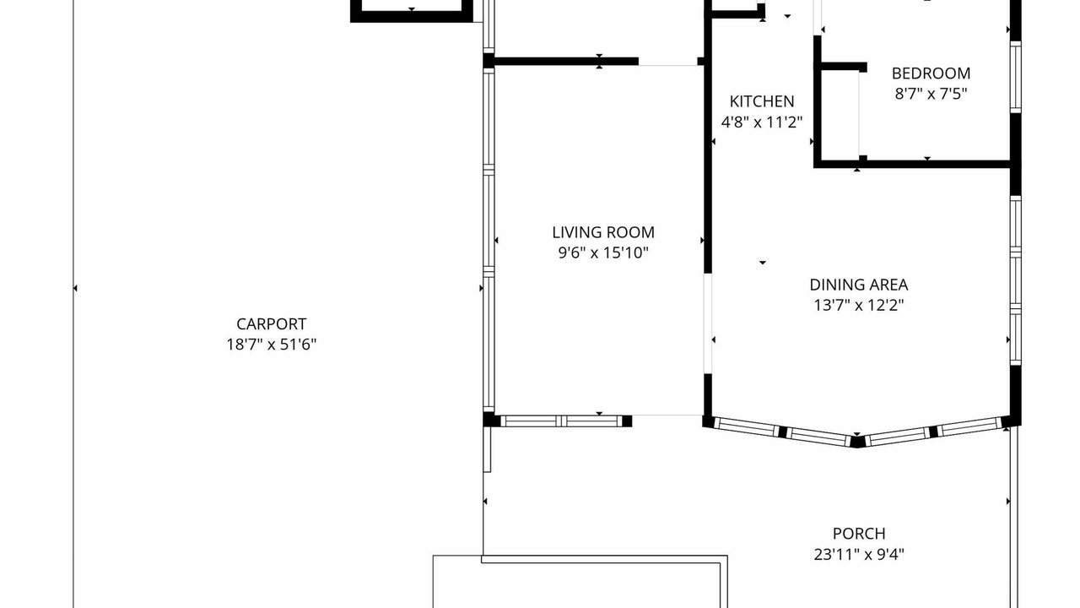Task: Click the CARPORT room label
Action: click(271, 323)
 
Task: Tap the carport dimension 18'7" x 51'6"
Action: click(272, 345)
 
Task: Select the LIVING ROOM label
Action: click(603, 232)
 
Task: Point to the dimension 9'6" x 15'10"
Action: click(603, 252)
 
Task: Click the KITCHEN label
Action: click(762, 101)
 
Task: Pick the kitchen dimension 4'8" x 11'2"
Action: click(762, 122)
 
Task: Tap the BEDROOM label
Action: click(931, 73)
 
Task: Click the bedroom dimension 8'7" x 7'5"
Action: click(931, 94)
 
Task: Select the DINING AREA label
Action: click(859, 285)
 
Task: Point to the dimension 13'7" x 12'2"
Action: click(859, 306)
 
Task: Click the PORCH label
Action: click(859, 534)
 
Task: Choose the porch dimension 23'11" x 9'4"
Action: click(859, 555)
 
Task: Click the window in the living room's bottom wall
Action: click(562, 421)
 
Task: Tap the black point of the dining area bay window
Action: click(856, 442)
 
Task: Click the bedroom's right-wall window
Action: click(1015, 77)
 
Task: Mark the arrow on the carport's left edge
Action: click(75, 289)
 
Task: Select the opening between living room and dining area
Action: click(708, 323)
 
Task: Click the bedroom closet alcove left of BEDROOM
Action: click(840, 114)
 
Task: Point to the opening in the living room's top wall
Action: click(668, 62)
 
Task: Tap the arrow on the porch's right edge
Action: click(1008, 502)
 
